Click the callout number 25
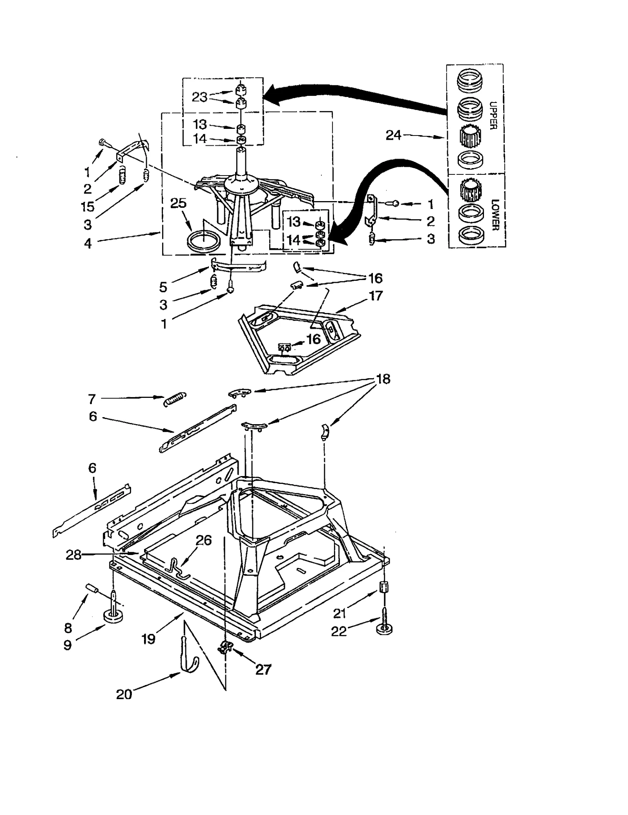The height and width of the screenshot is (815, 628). point(178,203)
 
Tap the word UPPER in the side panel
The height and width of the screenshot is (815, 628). point(493,115)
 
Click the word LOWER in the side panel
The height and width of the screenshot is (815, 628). point(495,215)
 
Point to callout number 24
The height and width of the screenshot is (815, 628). point(394,135)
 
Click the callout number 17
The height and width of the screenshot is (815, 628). point(376,295)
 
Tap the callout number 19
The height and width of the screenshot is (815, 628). point(149,639)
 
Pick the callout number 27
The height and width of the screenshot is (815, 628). point(263,669)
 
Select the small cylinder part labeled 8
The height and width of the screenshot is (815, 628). point(91,589)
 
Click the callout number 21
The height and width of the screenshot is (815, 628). point(340,613)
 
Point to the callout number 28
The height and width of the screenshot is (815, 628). point(73,555)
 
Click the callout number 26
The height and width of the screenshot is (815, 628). point(204,540)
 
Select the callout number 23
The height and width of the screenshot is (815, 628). point(199,97)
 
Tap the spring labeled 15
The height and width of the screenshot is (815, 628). point(122,174)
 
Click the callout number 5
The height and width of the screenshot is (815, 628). point(163,287)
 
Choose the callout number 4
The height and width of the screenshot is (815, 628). point(88,244)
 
